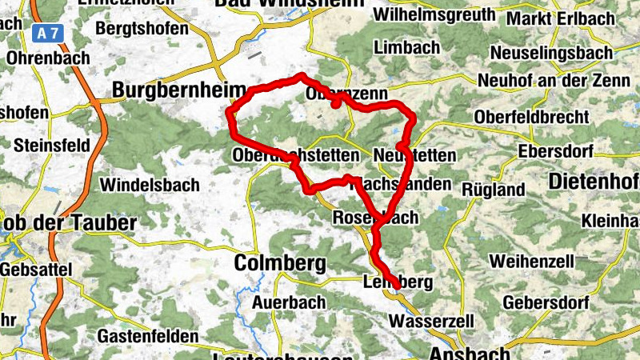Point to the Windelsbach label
[150, 186]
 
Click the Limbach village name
[407, 48]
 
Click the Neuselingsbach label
[544, 52]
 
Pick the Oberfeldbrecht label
[531, 117]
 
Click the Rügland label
[494, 190]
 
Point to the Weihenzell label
[531, 262]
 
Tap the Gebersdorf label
[546, 303]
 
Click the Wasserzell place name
[427, 322]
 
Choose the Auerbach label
[288, 302]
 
